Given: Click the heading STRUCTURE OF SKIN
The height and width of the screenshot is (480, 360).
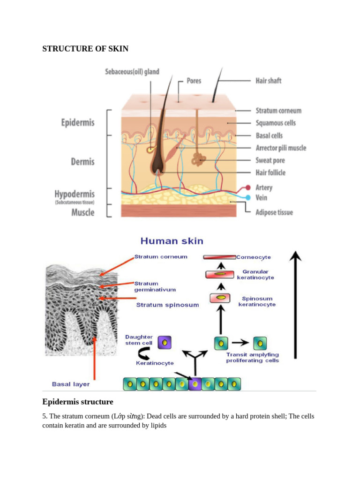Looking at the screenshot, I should [x=85, y=49].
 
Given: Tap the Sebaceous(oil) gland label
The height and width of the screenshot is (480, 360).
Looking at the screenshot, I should [x=132, y=72].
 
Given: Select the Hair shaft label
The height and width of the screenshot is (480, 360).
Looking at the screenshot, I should [x=268, y=81].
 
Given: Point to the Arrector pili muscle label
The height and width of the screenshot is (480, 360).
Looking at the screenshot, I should [x=280, y=148].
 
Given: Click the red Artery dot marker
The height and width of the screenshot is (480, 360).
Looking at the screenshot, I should [x=248, y=187].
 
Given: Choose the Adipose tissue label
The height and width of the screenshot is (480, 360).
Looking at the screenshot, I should [x=274, y=212].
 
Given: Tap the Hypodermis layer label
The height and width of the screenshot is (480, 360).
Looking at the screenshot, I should [x=74, y=194].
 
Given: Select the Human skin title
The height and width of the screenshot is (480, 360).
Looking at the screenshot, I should [x=172, y=241].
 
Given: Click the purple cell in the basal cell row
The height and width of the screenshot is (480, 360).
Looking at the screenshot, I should [x=195, y=384].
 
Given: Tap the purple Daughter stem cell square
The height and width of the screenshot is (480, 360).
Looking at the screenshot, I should [x=164, y=343].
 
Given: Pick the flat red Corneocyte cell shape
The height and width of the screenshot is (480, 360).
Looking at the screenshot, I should [x=219, y=257].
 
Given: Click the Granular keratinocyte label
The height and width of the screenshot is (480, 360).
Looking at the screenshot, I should [x=255, y=275].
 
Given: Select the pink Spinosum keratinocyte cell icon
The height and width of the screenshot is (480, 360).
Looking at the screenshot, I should [x=220, y=298].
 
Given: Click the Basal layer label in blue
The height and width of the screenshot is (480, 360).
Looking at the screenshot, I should [x=71, y=384].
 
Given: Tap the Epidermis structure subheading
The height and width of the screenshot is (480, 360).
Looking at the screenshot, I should [x=78, y=402].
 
